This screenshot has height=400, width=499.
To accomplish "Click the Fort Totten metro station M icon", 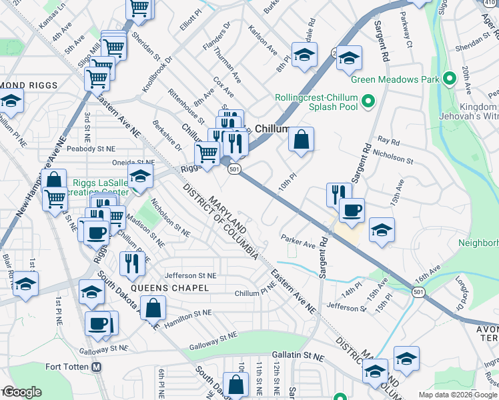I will [97, 367].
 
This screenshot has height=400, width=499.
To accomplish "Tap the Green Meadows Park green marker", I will [450, 77].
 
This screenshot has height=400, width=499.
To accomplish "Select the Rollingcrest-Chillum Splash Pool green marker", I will [368, 103].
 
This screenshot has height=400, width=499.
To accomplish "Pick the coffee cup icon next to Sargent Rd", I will [352, 210].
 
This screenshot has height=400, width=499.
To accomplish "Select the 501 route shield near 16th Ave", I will [418, 292].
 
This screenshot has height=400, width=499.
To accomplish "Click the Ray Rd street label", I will [388, 141].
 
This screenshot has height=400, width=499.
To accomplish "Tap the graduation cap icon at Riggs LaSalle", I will [140, 177].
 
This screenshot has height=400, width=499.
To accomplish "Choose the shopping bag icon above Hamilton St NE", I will [153, 308].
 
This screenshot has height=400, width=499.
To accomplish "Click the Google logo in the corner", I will [21, 392].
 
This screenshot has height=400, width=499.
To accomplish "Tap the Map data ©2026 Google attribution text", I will [458, 395].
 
